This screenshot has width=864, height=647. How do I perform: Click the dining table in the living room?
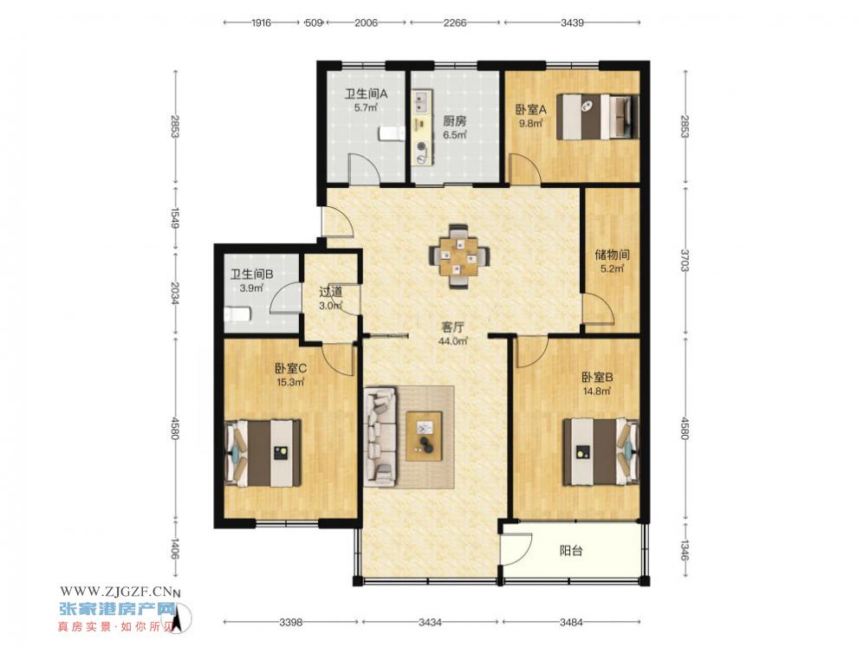click(458, 256)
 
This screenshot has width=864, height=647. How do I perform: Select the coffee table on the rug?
click(425, 436)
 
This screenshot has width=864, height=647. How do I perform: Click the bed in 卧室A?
click(598, 117)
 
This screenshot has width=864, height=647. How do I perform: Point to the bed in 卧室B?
click(601, 452)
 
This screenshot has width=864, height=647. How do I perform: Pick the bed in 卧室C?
click(263, 453)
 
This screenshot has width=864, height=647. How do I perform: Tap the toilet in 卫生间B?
click(237, 314)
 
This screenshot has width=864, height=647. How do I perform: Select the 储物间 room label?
click(612, 255)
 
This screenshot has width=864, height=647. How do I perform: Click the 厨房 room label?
click(455, 120)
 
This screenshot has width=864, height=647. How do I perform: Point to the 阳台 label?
click(571, 550)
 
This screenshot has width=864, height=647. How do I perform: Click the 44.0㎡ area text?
click(453, 341)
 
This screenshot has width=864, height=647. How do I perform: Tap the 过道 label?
click(331, 291)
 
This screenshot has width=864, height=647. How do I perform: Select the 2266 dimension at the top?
click(455, 23)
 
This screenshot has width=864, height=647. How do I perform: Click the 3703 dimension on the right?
click(685, 260)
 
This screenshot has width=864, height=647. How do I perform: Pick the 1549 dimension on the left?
click(175, 218)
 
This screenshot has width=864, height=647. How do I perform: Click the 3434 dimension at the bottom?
click(430, 622)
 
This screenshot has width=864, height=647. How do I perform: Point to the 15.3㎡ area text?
click(290, 382)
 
